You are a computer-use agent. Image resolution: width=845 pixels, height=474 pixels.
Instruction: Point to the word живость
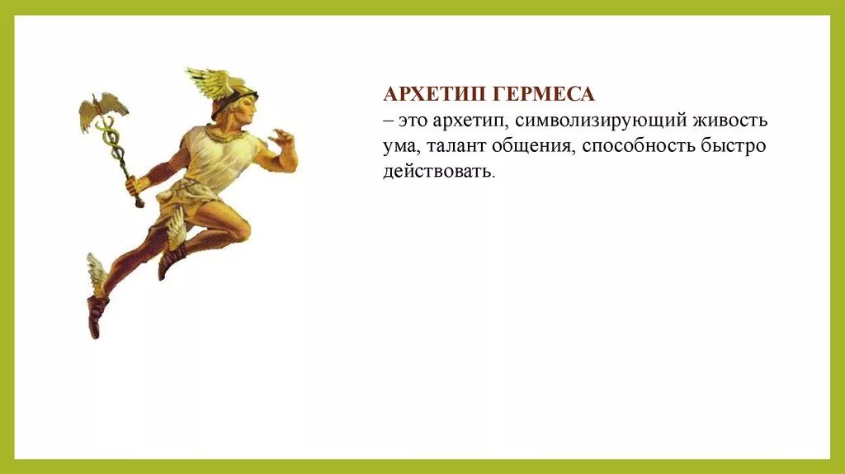tap(732, 121)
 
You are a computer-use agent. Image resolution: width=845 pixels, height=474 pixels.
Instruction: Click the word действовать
tap(439, 173)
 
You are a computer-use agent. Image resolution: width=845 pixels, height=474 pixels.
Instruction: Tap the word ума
tap(398, 147)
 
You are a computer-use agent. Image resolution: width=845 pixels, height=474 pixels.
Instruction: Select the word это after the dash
tap(415, 121)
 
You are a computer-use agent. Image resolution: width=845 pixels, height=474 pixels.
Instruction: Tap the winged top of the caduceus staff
tap(103, 111)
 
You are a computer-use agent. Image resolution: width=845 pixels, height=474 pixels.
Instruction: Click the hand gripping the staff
tap(134, 185)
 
